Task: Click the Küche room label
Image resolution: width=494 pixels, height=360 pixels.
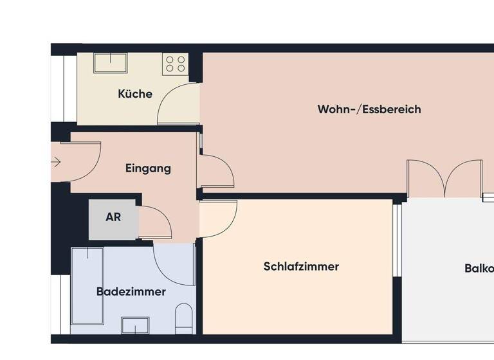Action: (x=135, y=94)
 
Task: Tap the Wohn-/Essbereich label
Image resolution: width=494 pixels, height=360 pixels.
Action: (x=369, y=109)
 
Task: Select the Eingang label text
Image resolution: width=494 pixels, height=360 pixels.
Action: (x=148, y=169)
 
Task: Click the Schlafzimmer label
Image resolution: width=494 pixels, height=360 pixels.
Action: (x=301, y=266)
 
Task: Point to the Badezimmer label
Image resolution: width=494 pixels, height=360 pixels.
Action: (x=131, y=292)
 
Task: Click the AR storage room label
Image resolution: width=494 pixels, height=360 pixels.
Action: (x=113, y=217)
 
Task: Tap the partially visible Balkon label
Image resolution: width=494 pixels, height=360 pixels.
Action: (x=479, y=269)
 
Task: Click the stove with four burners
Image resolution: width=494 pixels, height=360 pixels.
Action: (x=176, y=63)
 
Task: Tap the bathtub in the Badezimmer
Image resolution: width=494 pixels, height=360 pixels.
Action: (x=87, y=286)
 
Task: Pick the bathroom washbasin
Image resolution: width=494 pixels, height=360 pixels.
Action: (x=137, y=325)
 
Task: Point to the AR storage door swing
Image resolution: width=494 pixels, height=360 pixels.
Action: (x=154, y=222)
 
